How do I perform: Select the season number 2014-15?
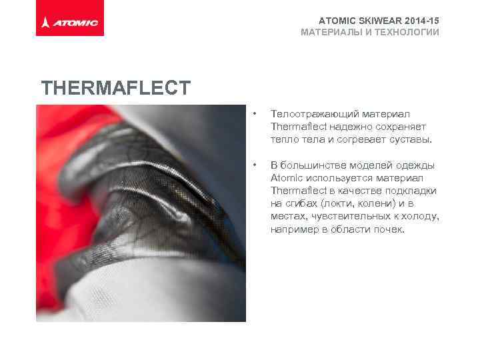(x=419, y=21)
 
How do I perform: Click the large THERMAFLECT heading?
(x=116, y=88)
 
